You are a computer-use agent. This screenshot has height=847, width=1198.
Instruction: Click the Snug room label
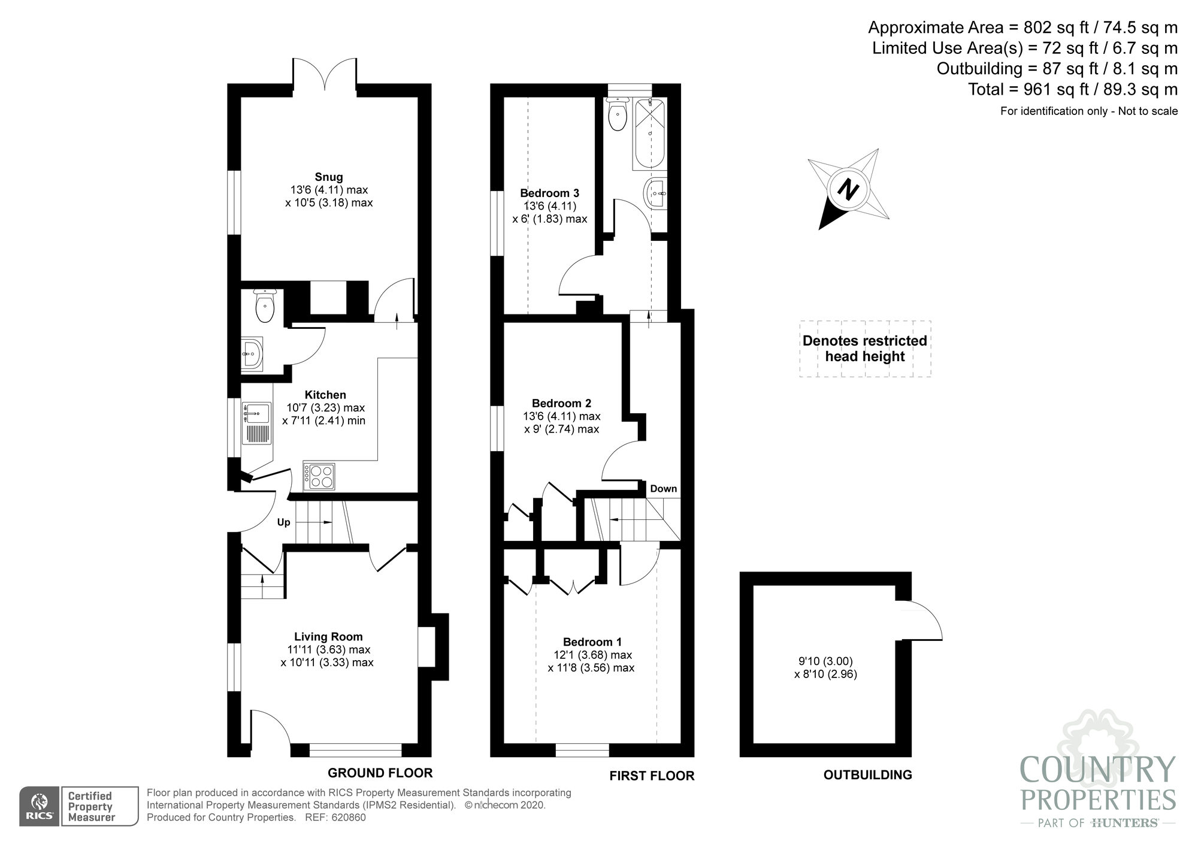pos(329,177)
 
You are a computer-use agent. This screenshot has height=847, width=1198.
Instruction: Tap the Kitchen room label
pos(325,395)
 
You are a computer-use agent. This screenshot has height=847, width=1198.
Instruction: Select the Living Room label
pos(328,637)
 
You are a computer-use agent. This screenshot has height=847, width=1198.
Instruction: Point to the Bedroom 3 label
pos(549,193)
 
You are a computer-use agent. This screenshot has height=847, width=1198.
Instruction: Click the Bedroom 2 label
pos(561,403)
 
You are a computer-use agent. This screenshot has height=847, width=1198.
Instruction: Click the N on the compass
pos(848,189)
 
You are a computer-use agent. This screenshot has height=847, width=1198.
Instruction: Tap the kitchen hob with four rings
pos(319,477)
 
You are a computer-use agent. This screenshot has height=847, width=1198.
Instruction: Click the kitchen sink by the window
pos(256,423)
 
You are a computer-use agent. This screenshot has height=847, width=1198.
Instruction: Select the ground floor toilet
pos(264,306)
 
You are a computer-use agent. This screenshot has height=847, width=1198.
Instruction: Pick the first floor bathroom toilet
pos(617,114)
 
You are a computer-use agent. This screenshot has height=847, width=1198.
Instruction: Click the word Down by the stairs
pos(664,489)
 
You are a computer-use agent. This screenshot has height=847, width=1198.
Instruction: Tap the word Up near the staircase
pos(283,522)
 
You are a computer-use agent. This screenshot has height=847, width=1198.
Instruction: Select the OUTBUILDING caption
pos(868,775)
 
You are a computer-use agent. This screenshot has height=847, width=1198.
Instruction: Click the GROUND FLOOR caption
pos(380,773)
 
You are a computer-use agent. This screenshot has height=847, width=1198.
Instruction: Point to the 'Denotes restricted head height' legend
pos(865,349)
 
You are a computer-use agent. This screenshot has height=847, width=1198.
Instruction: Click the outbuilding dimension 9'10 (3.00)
pos(825,661)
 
